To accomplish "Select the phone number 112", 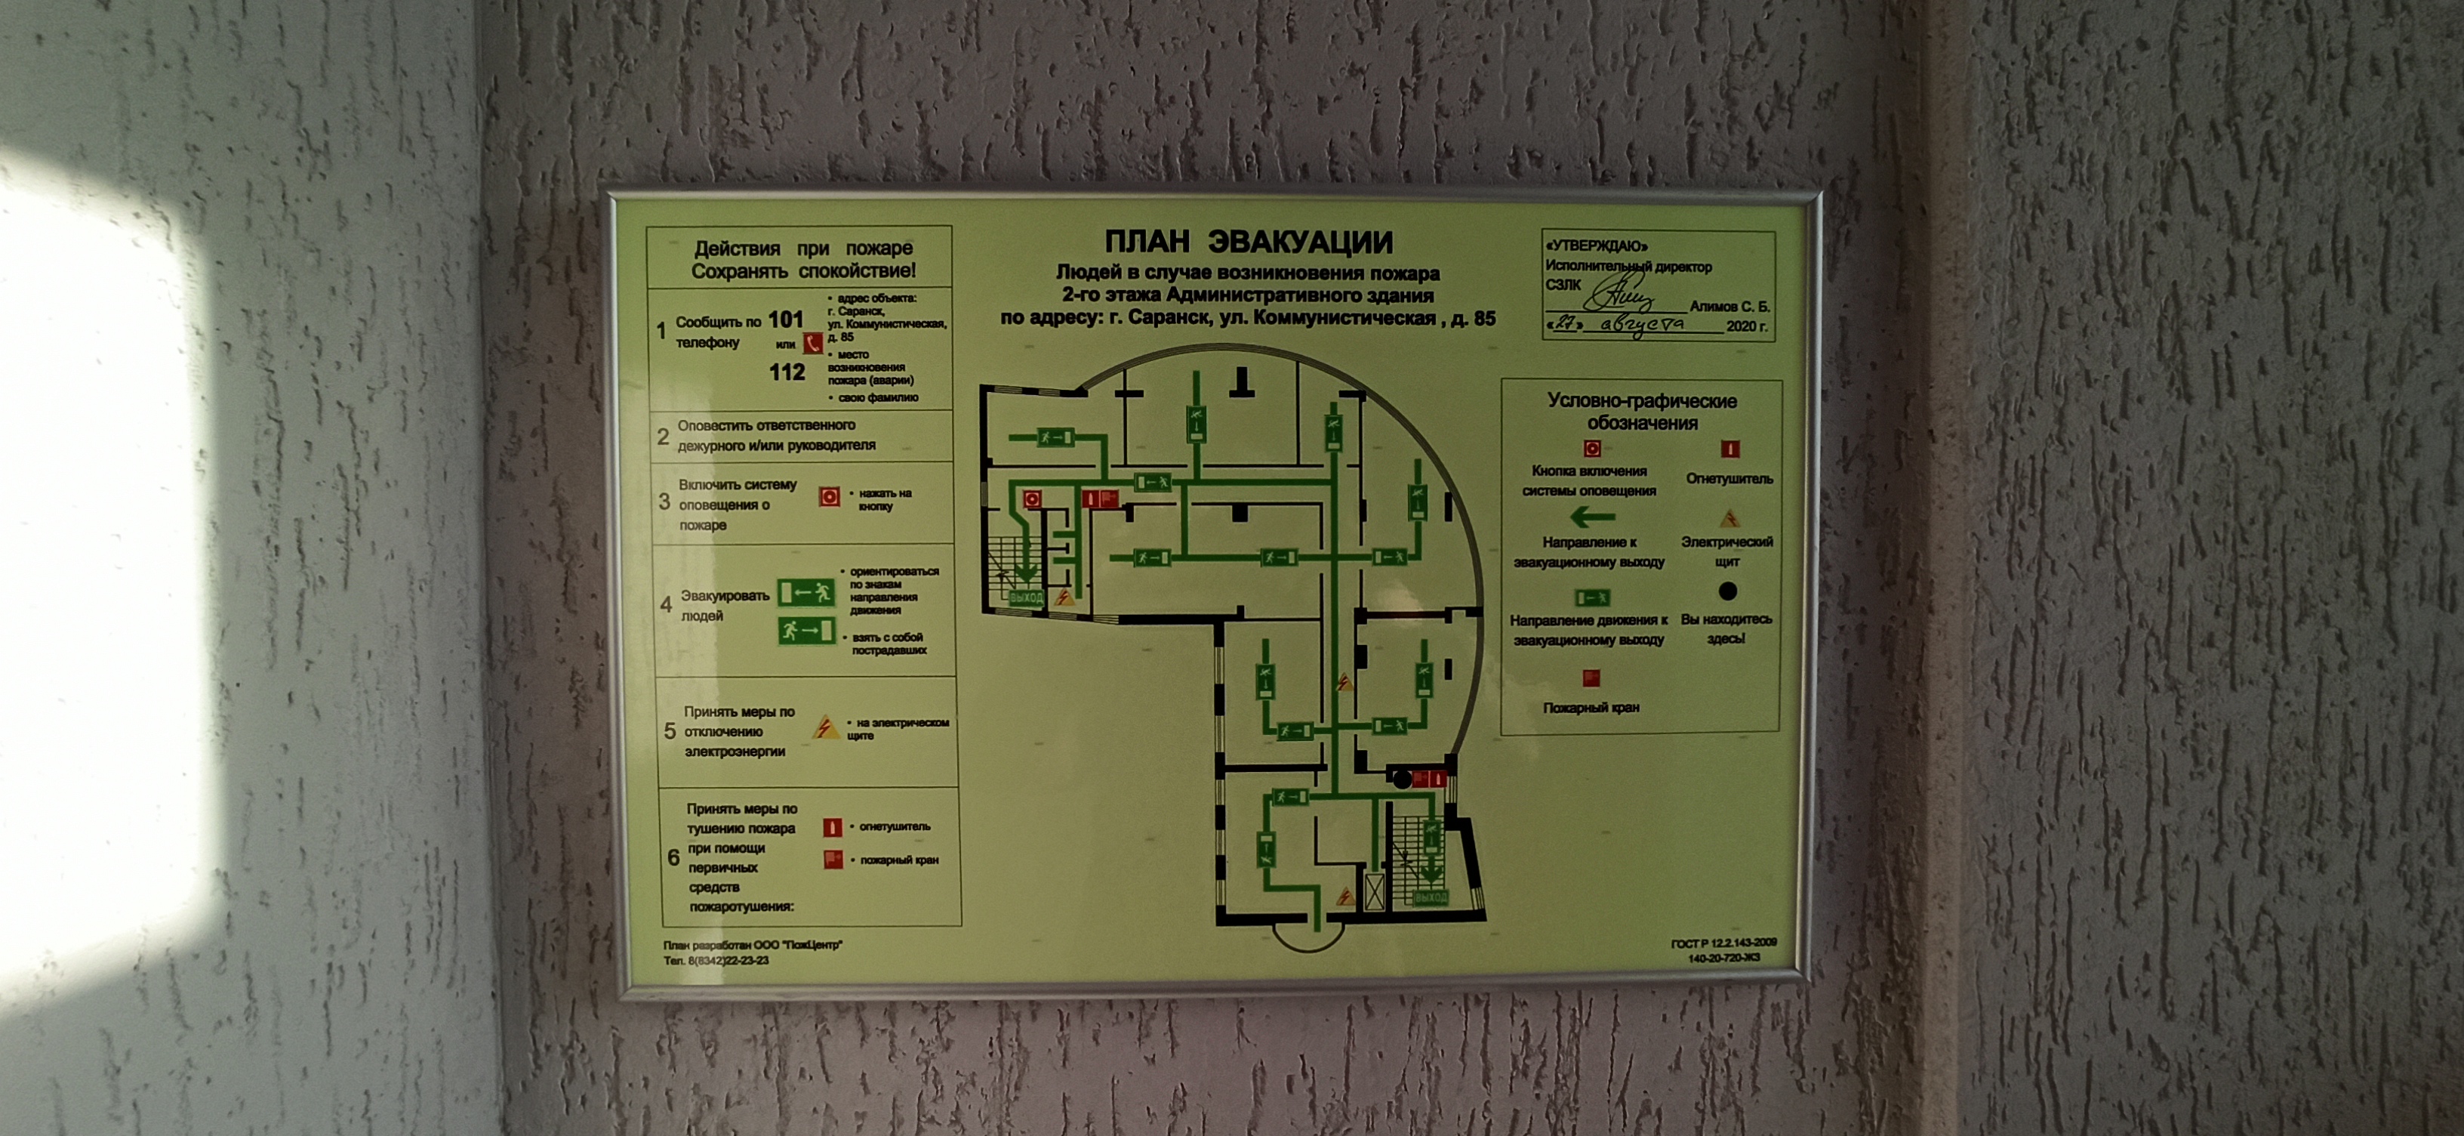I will (787, 372).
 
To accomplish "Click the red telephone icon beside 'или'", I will (813, 344).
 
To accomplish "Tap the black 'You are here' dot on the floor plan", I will (1401, 779).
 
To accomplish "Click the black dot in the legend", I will (1727, 591).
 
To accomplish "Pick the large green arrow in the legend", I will (1591, 517).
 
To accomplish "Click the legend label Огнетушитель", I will (1729, 479).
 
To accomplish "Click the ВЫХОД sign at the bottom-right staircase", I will (1430, 898).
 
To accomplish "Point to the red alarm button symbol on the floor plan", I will (1032, 499).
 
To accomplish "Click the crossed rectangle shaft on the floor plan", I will (1375, 890).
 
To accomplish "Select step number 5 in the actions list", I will (670, 731).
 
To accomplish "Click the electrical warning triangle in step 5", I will (824, 727).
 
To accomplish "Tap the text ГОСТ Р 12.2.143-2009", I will (1723, 943).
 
